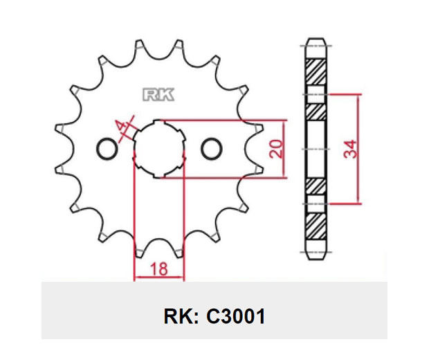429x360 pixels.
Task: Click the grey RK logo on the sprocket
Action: point(158,95)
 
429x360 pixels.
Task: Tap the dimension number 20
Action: point(275,149)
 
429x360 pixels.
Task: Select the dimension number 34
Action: point(351,149)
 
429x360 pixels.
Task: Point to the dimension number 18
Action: point(159,269)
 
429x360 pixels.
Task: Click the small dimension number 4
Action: point(121,126)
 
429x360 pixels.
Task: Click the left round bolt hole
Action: point(107,149)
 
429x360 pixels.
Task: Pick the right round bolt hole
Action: point(212,149)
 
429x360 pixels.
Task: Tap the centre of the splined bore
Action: point(159,150)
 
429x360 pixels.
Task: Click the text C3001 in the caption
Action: point(235,316)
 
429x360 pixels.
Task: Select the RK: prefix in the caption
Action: point(181,316)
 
